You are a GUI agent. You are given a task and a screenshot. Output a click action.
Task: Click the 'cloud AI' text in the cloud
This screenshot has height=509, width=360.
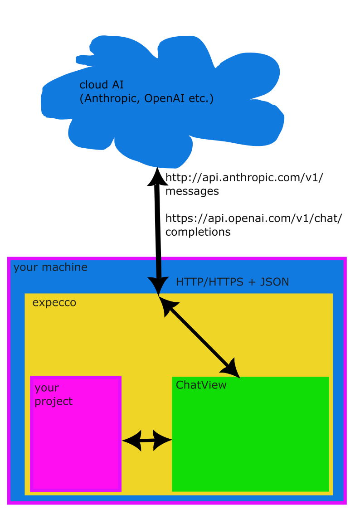[102, 85]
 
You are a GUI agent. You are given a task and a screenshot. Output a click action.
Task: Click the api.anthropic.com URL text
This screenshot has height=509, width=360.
[244, 178]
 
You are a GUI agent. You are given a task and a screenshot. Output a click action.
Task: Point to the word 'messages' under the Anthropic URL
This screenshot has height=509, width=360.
[192, 191]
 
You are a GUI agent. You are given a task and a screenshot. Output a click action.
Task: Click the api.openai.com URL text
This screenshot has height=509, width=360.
[253, 218]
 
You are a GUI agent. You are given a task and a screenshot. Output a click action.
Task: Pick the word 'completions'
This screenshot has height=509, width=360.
[198, 232]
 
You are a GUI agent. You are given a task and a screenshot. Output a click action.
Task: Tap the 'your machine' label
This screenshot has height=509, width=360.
[50, 267]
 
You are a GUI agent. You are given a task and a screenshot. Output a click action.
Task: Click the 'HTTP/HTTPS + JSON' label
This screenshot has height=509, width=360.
[233, 282]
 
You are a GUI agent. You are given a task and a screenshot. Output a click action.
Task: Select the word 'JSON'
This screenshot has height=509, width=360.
[275, 282]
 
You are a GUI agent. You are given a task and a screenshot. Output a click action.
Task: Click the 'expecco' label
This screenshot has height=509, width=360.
[54, 302]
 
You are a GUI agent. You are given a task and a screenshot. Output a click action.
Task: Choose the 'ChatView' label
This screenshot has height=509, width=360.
[201, 385]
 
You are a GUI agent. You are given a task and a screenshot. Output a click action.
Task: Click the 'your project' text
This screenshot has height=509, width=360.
[54, 394]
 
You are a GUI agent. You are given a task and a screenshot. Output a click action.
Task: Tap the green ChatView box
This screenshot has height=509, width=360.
[250, 434]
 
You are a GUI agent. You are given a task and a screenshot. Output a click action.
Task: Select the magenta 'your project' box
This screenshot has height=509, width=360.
[76, 434]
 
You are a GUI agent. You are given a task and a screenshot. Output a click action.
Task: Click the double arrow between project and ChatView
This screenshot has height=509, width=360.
[147, 441]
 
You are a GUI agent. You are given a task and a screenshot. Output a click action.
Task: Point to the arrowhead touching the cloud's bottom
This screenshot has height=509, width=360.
[157, 176]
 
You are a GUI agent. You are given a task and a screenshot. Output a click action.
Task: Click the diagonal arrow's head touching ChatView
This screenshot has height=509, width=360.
[231, 369]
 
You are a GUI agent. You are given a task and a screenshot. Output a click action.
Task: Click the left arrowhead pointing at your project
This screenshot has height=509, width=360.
[132, 441]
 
